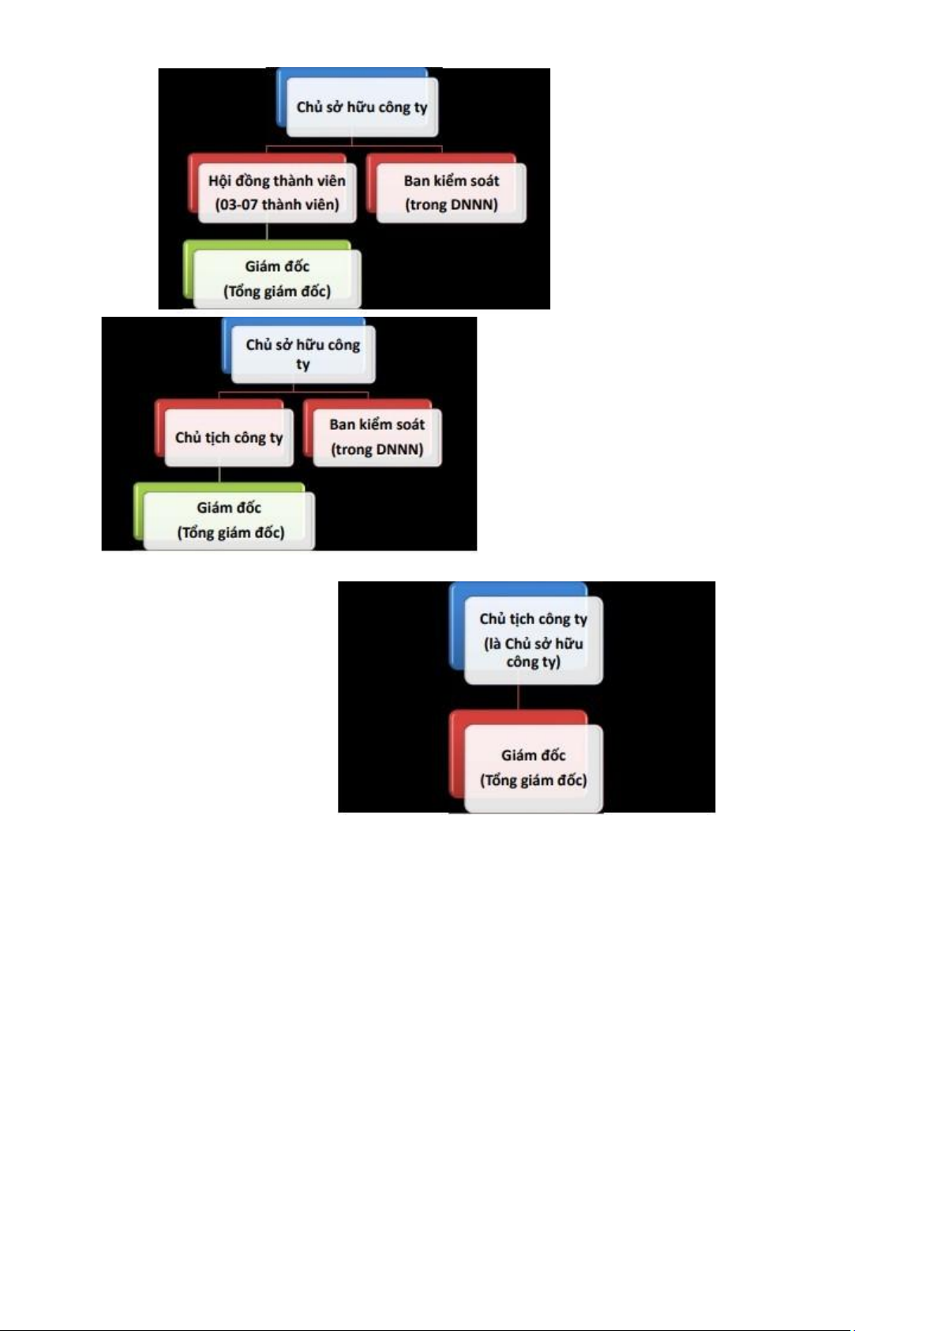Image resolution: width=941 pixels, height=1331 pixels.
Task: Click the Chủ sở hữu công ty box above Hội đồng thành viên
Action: tap(361, 107)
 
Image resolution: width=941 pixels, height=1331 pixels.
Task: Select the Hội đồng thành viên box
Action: tap(276, 192)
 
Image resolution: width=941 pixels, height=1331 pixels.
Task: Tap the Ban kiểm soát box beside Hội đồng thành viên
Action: tap(451, 192)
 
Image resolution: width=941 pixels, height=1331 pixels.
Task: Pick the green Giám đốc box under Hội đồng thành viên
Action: tap(276, 278)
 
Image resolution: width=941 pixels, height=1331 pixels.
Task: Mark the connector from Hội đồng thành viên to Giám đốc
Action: tap(267, 231)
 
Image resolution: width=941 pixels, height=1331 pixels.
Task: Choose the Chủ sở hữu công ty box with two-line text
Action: tap(302, 354)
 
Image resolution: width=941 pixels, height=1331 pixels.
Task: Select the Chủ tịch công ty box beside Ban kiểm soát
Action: tap(228, 438)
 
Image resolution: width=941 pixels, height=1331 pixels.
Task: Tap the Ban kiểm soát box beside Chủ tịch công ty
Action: tap(377, 437)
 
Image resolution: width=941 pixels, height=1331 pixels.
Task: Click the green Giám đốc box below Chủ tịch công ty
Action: tap(229, 520)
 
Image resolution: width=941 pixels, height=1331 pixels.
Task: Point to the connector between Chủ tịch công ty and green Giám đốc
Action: tap(219, 474)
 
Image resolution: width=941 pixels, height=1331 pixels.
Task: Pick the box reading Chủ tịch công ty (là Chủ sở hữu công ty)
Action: tap(533, 641)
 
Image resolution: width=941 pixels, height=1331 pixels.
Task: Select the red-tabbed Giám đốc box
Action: tap(533, 768)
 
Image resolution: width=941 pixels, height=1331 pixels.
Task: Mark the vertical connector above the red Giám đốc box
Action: tap(519, 697)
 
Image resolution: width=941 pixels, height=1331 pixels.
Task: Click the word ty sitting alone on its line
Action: tap(303, 365)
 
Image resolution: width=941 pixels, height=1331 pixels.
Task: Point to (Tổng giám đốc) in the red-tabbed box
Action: tap(533, 780)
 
